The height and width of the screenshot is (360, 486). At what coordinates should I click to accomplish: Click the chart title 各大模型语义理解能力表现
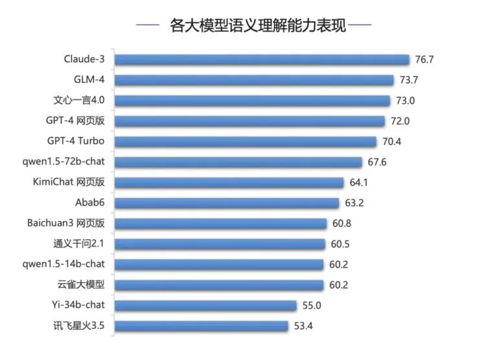257,25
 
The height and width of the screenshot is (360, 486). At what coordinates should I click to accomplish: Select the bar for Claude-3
262,60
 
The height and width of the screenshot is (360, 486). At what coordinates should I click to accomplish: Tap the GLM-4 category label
89,79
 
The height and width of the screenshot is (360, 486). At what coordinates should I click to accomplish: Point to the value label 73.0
405,101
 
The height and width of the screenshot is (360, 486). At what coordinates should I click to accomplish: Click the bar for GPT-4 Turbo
245,141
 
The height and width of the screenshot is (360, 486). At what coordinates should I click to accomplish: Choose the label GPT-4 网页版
75,121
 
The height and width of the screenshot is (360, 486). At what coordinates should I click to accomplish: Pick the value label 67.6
377,162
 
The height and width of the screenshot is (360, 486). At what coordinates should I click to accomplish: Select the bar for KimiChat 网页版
229,182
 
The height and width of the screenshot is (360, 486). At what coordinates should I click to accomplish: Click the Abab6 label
90,202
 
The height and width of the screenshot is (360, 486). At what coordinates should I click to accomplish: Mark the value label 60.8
341,223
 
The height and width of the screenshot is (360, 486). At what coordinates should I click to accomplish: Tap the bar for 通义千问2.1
220,244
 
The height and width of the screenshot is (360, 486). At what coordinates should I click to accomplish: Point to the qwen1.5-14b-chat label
64,264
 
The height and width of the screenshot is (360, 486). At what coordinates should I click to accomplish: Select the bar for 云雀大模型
219,285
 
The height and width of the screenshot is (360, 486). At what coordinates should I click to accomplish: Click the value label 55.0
312,306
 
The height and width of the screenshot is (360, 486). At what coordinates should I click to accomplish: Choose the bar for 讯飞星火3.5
201,326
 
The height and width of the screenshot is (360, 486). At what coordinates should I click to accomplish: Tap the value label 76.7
424,60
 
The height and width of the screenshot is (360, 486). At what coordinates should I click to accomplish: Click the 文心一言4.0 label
79,100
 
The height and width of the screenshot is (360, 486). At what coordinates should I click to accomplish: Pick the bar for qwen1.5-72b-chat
238,162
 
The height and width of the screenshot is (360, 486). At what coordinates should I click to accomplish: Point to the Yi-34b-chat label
78,305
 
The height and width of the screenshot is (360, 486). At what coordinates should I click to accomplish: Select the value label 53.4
303,326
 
